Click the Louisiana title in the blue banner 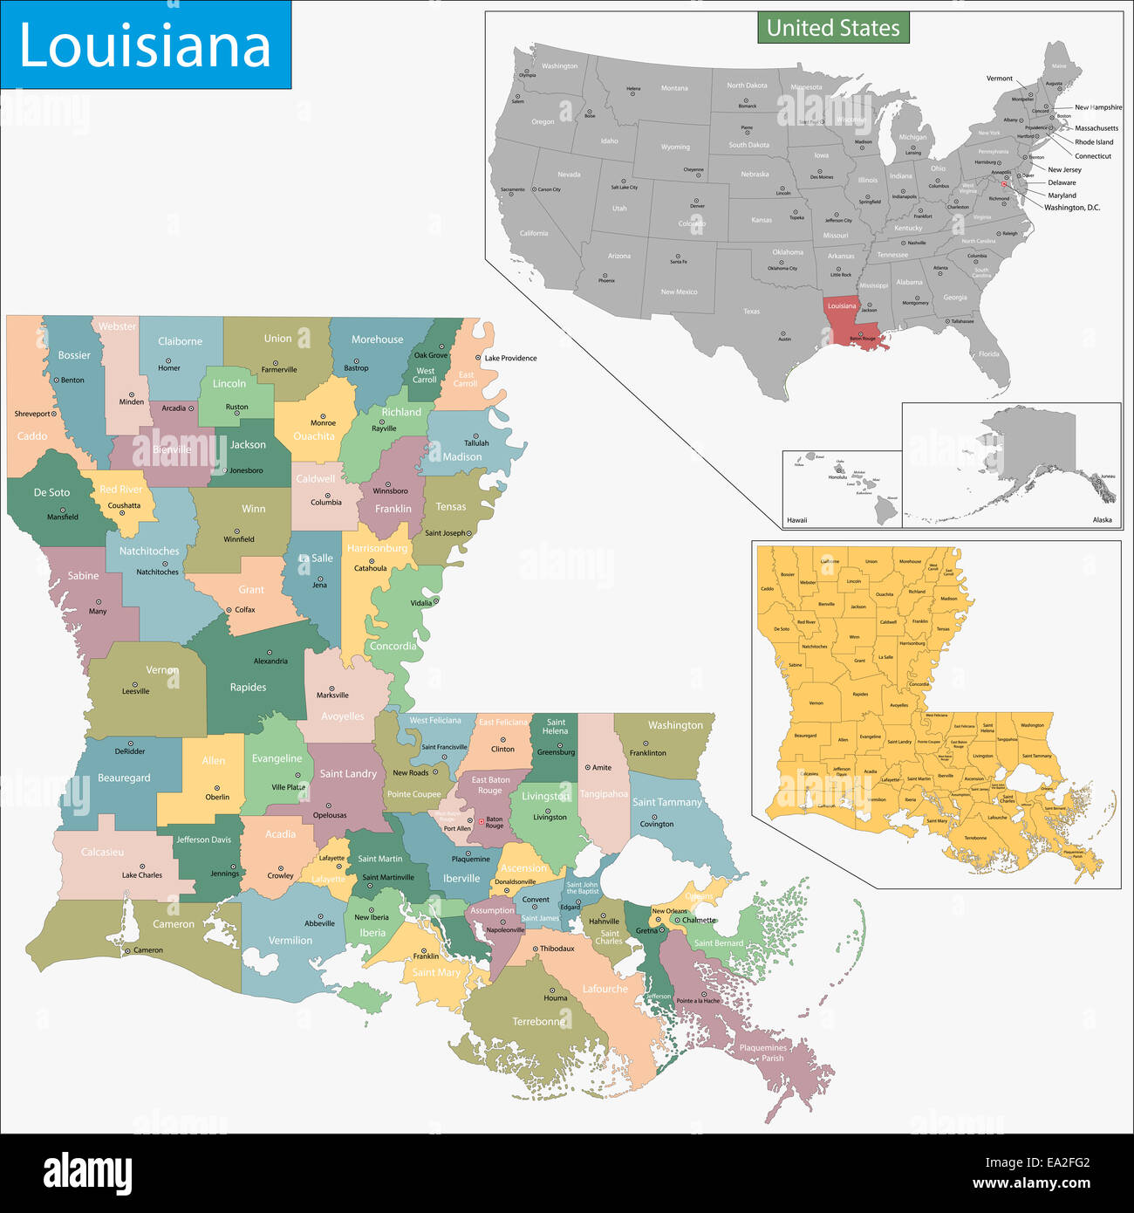[x=145, y=45]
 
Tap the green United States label [x=833, y=28]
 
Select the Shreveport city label [x=34, y=414]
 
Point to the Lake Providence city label [x=510, y=358]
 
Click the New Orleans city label [x=669, y=911]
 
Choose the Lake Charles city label [x=141, y=874]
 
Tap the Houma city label [x=555, y=997]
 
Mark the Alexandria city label [x=270, y=661]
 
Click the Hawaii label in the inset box [x=796, y=520]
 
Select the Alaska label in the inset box [x=1102, y=520]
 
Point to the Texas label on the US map [x=751, y=311]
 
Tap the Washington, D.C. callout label [x=1072, y=208]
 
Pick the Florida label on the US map [x=988, y=354]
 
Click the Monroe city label [x=323, y=422]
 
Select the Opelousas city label [x=330, y=815]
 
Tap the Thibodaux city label [x=557, y=949]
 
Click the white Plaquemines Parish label [x=762, y=1052]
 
